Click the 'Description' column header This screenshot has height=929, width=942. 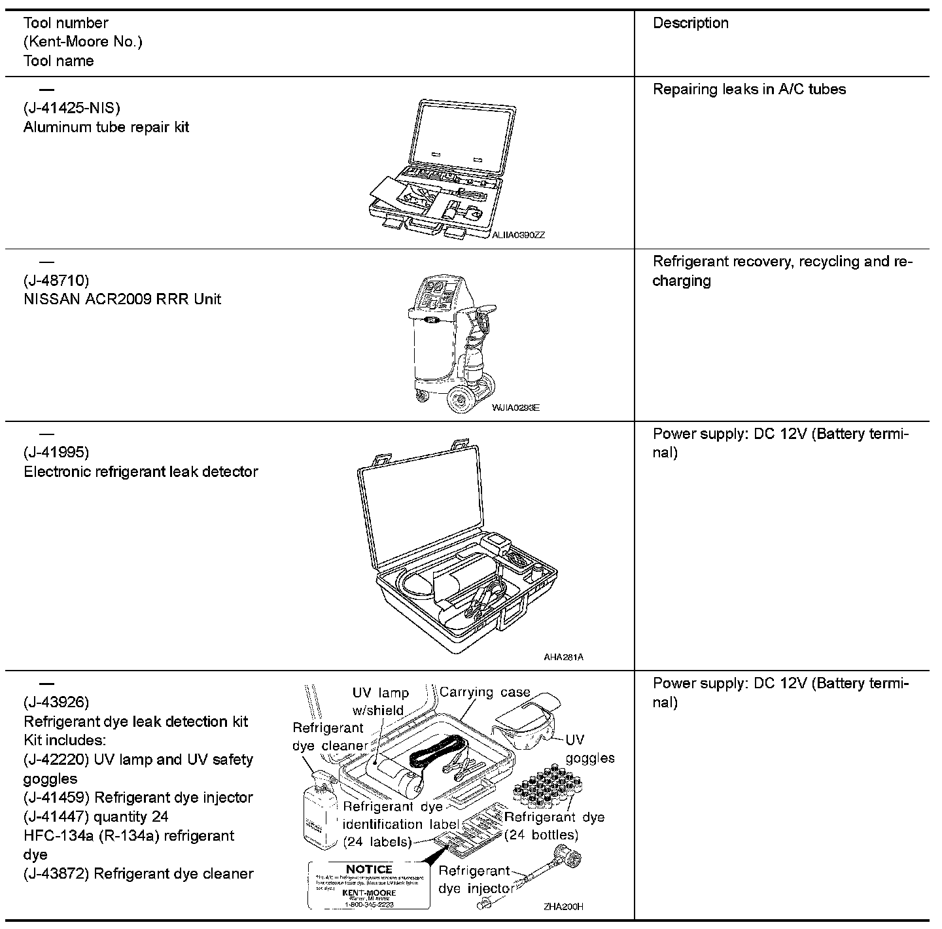691,23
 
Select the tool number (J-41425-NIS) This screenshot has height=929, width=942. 72,108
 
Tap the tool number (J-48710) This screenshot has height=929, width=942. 56,281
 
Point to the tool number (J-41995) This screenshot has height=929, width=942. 56,452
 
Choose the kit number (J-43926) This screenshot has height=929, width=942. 56,703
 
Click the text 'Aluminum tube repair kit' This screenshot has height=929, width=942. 106,127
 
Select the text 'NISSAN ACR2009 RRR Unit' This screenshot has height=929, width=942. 122,300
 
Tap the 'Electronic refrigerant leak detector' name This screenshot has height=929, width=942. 141,472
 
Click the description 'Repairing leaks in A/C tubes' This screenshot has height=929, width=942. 749,90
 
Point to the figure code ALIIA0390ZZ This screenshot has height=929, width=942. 518,236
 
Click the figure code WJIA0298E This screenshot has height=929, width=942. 515,408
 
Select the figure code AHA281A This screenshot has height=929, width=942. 563,657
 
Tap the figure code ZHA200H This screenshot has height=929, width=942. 563,907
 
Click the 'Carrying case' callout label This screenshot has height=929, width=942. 485,692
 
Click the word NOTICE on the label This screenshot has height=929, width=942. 369,869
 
